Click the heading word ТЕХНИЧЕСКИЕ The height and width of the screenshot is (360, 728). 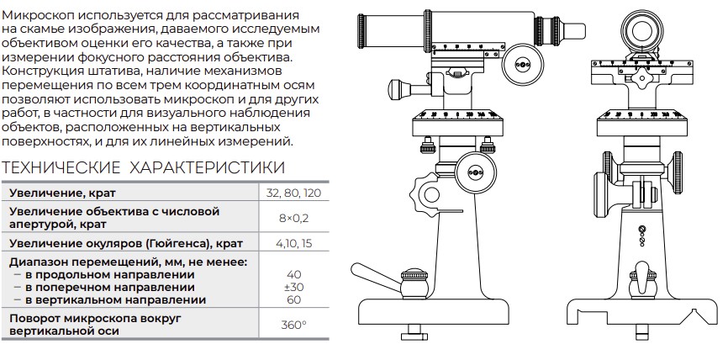(x=61, y=167)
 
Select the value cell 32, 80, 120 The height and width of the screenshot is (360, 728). (x=293, y=193)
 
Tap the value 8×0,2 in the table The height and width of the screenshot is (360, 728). (x=293, y=218)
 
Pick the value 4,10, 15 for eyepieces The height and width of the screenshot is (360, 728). (x=293, y=243)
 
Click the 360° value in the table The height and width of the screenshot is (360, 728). (x=293, y=325)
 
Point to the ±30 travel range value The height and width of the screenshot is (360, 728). (x=293, y=287)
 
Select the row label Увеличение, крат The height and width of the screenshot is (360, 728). (x=62, y=193)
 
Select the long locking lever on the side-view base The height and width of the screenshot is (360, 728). (x=377, y=277)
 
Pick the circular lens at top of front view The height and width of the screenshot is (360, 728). (x=641, y=27)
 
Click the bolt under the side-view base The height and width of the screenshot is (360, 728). (x=414, y=335)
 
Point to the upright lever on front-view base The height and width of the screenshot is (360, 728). (x=642, y=273)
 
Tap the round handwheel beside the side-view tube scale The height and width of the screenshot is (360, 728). (x=523, y=64)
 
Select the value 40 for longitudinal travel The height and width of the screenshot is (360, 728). (x=293, y=274)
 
